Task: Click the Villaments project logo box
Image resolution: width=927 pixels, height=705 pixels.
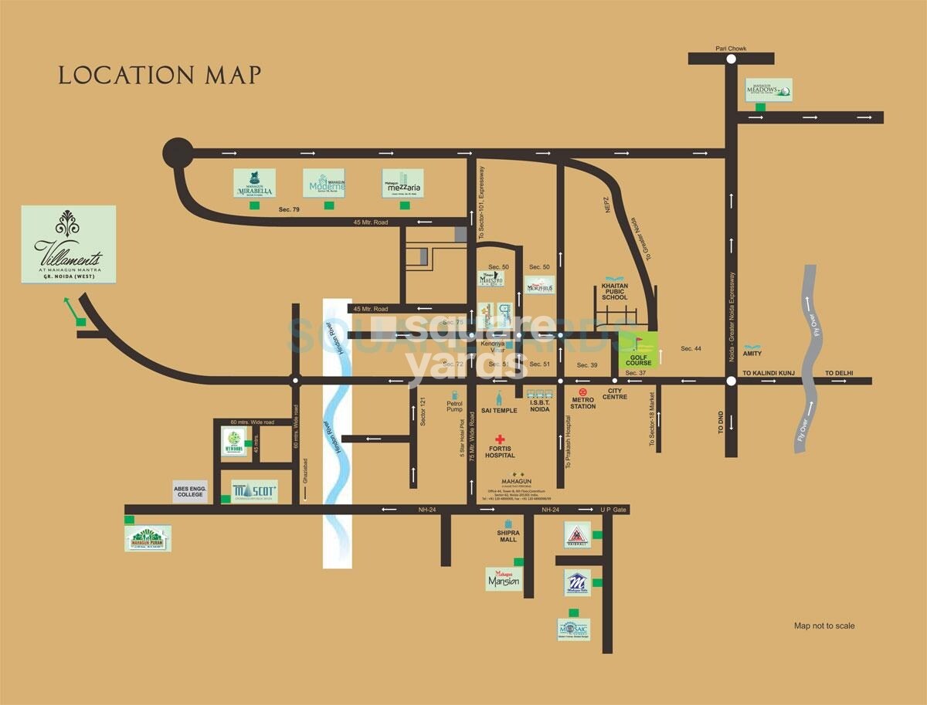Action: point(69,243)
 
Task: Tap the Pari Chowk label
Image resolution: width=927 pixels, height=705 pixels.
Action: point(730,49)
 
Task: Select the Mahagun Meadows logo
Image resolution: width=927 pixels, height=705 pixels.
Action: point(769,90)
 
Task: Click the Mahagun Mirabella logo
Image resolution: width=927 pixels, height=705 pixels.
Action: point(254,183)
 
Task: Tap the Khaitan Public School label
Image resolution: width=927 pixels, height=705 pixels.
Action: point(615,291)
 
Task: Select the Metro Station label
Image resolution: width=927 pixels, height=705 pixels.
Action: point(583,402)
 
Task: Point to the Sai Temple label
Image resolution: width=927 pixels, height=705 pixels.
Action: point(499,410)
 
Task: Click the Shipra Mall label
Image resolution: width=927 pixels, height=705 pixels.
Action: point(508,536)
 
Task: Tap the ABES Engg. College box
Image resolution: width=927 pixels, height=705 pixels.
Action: point(190,491)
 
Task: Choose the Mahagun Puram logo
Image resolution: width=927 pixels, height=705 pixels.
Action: point(148,538)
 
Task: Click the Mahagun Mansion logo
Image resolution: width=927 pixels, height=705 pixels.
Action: point(503,578)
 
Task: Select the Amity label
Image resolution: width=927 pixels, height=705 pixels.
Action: point(752,354)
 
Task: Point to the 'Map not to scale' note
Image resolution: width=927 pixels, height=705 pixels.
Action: point(824,625)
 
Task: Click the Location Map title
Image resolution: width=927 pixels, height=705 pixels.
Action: point(160,76)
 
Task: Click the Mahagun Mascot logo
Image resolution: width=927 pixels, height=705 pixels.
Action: point(254,490)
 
